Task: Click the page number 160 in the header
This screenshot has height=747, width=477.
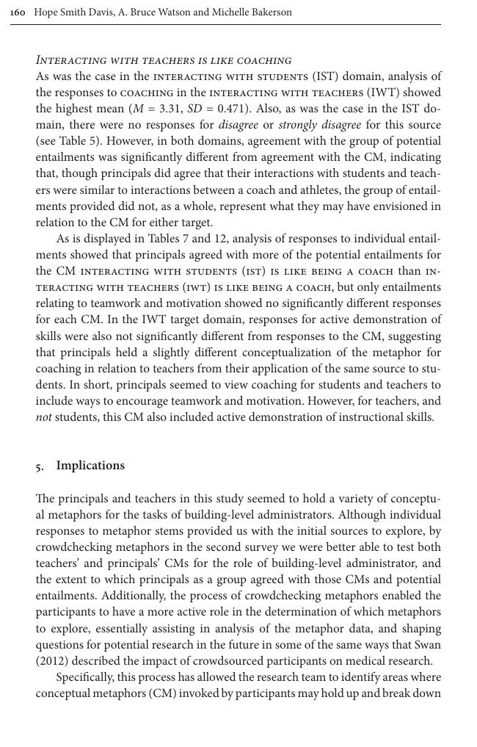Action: [18, 12]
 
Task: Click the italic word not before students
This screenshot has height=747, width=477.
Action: [44, 417]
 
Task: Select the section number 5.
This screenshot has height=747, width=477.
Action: [39, 466]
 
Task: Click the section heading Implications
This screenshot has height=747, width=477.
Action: [90, 466]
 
